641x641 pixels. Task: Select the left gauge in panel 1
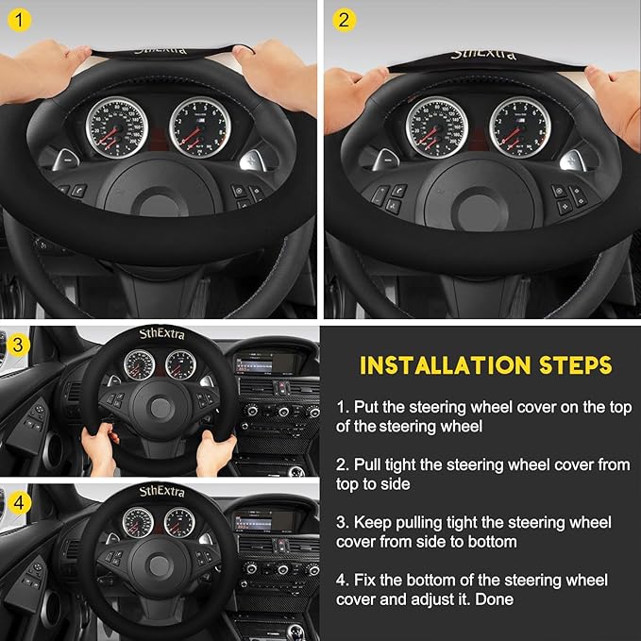[x=115, y=127]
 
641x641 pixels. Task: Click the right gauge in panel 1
[x=199, y=126]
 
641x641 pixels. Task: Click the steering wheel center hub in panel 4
[x=157, y=567]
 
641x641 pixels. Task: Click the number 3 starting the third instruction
[x=341, y=522]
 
